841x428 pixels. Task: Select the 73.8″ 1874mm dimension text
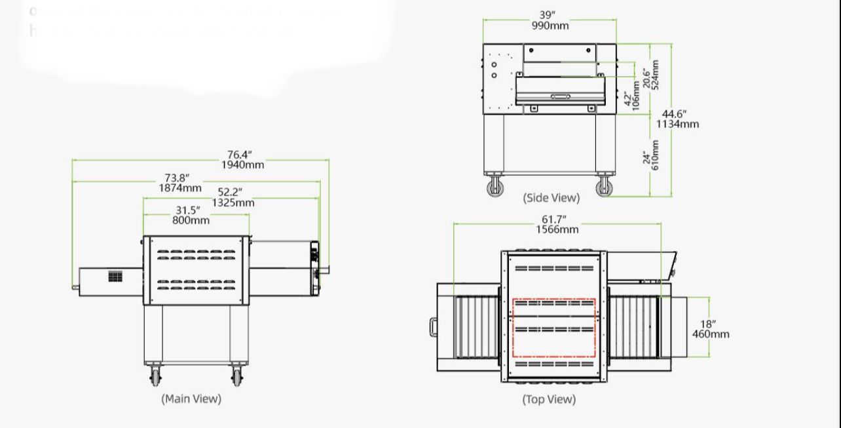(179, 183)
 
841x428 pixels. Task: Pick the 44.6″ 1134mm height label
(678, 119)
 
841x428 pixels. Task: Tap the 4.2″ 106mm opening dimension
(632, 100)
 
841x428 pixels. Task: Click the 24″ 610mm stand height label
(651, 155)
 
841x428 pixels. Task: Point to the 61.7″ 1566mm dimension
(557, 224)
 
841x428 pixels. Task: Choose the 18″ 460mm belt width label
(710, 329)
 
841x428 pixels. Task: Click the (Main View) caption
(191, 399)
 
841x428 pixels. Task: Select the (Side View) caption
(551, 197)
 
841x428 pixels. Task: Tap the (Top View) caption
(549, 399)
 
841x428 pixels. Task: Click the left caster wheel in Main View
(155, 376)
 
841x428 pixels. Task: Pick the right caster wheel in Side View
(605, 187)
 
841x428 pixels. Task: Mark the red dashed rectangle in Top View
(553, 328)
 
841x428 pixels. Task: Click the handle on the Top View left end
(434, 326)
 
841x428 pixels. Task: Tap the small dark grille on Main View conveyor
(115, 276)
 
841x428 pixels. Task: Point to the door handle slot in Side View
(560, 96)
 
